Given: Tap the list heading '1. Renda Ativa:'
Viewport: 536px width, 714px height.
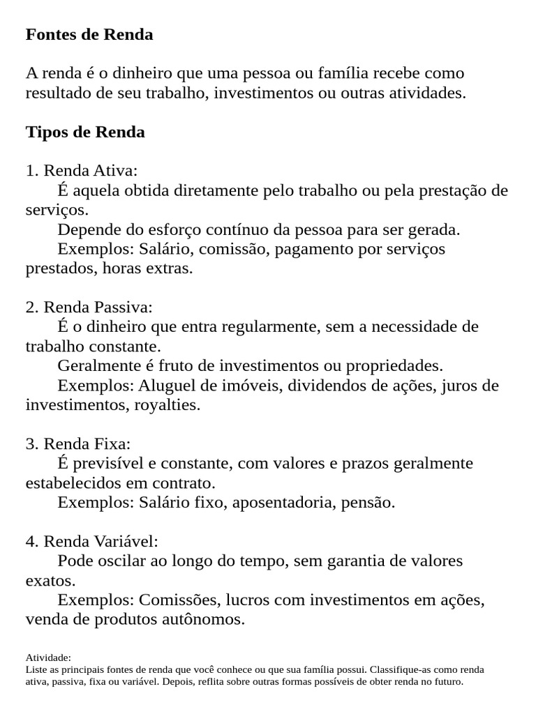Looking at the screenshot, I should click(x=82, y=171).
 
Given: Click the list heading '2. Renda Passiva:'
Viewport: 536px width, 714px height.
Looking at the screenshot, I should click(x=89, y=307).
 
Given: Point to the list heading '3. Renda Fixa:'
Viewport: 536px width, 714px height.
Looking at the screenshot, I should click(x=78, y=443).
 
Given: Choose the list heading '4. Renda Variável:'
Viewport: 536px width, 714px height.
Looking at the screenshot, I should click(x=92, y=541).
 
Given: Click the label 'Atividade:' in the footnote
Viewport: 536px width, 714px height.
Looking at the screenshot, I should click(x=48, y=658).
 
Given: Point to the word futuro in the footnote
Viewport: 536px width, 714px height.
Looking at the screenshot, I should click(x=447, y=681).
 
